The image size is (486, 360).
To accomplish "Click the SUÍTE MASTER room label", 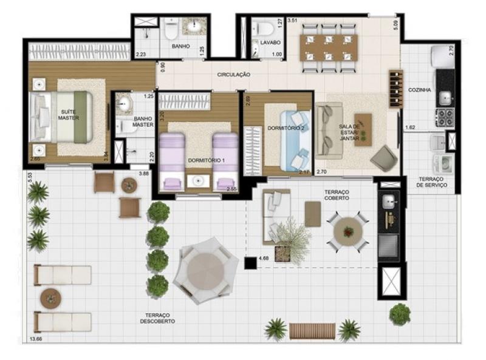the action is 69,115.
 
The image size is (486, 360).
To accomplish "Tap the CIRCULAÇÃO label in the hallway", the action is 234,75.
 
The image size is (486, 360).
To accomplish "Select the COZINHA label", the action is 420,90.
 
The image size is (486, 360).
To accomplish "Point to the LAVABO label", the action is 270,42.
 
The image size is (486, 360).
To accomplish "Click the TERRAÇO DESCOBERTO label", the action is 157,319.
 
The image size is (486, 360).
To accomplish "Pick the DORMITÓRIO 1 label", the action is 207,160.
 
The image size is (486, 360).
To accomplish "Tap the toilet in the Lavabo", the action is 263,28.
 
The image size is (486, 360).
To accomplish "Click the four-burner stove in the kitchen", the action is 445,118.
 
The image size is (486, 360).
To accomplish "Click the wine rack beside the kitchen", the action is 396,89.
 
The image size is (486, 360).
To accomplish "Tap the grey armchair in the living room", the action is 384,158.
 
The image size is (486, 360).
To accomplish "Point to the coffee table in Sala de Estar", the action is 363,129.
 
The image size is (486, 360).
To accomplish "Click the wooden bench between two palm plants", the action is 312,331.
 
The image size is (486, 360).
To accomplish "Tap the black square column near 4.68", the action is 250,263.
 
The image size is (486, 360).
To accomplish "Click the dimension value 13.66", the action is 36,339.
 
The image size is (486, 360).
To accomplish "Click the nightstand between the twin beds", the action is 199,181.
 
